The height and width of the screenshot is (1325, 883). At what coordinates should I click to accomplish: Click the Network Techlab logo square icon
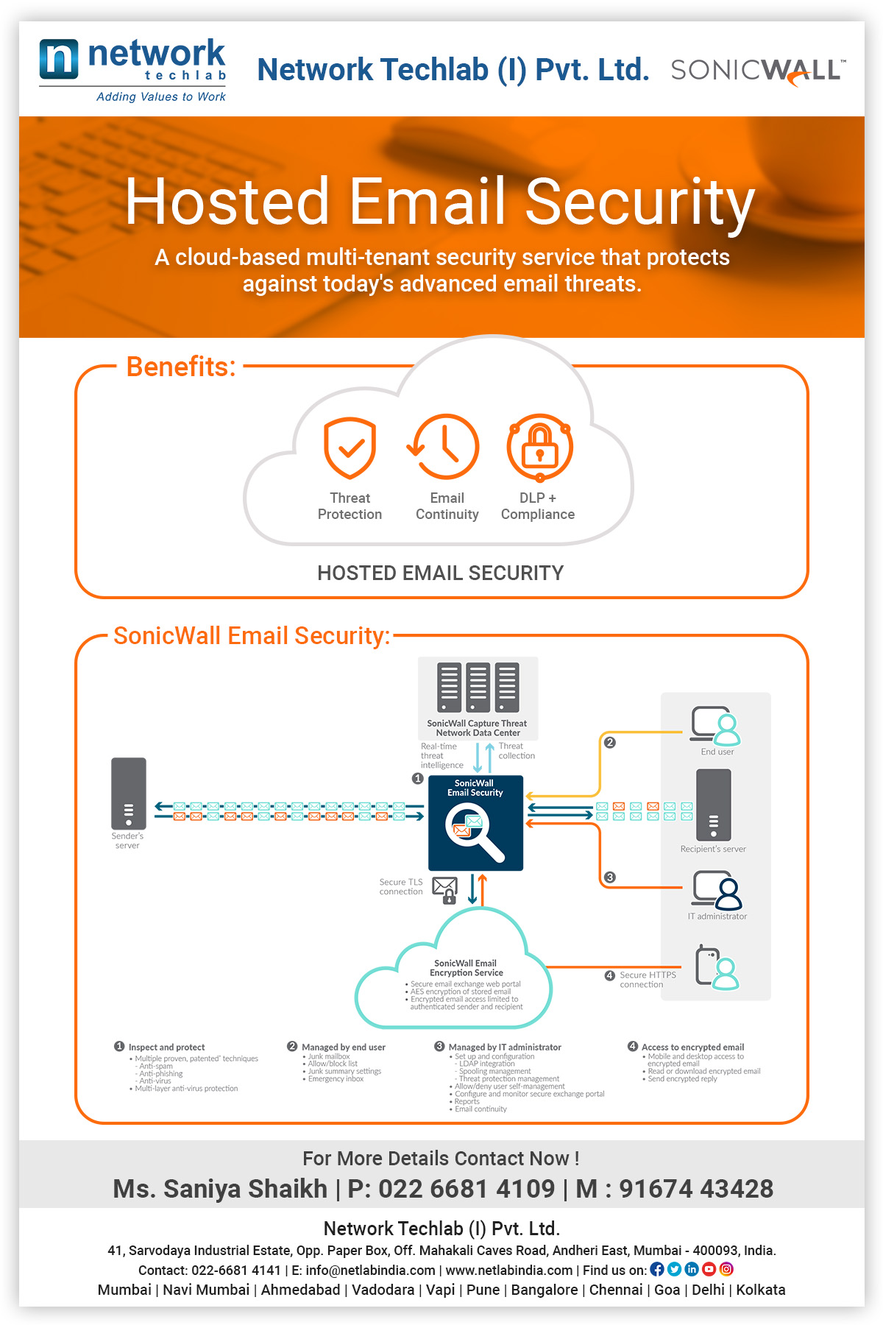[59, 59]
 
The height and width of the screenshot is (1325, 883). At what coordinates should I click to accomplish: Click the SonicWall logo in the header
[758, 71]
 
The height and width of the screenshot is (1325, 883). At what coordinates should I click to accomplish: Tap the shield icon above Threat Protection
[350, 448]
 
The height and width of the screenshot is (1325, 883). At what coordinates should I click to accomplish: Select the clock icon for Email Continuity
[444, 447]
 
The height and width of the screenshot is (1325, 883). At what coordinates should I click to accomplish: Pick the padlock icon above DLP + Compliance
[540, 447]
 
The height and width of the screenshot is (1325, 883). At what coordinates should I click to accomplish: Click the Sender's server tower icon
[129, 794]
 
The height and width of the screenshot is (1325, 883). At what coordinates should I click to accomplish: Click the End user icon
[715, 726]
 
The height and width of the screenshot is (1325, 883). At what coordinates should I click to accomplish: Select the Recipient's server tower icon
[714, 805]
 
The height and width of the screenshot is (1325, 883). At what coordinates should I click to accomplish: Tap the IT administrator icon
[717, 891]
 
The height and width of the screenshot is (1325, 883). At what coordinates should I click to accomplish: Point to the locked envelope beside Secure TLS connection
[445, 890]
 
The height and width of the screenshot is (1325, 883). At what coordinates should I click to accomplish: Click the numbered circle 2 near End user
[609, 742]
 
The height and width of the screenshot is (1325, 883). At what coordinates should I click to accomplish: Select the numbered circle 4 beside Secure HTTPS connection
[609, 975]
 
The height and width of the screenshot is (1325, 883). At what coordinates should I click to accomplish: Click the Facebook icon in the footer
[657, 1269]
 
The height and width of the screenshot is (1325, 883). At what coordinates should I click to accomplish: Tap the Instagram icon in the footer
[726, 1269]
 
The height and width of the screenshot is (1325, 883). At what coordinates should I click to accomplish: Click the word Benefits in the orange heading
[181, 367]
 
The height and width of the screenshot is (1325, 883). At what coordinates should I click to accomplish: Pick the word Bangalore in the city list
[545, 1290]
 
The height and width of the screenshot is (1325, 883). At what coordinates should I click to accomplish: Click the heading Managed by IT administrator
[505, 1047]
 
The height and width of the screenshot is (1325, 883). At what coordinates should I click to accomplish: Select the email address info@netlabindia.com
[371, 1271]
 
